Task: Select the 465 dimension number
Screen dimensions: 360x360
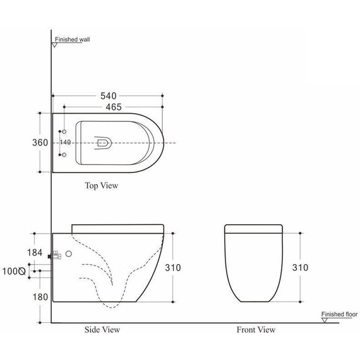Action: point(109,107)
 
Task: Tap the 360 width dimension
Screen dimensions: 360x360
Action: point(40,143)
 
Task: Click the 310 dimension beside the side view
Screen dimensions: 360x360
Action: point(173,268)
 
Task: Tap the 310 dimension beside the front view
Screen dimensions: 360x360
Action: point(301,268)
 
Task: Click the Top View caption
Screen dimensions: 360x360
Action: point(101,186)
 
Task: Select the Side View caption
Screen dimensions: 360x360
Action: point(102,329)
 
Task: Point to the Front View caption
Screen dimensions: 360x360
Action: point(256,329)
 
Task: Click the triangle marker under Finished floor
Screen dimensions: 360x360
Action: point(324,320)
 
